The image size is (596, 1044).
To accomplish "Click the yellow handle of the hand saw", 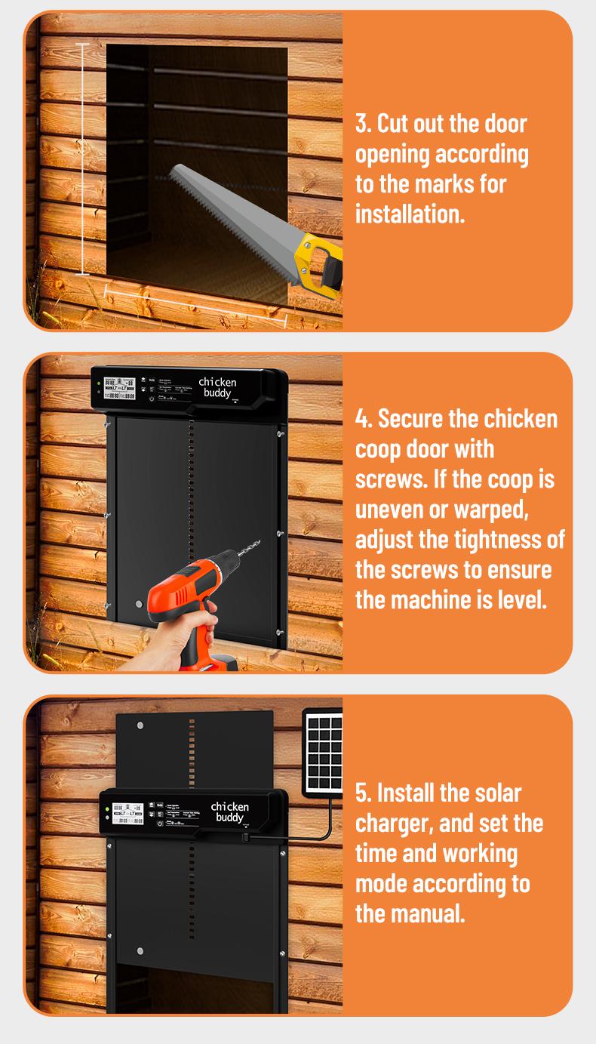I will point(321,261).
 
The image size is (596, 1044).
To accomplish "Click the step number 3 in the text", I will point(361,124).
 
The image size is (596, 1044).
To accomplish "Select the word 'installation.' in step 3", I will point(410,214).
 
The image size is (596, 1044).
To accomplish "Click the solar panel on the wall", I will point(323,752).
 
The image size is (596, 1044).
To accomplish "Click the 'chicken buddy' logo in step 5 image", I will point(229,812).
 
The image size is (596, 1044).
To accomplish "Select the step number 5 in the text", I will point(362,793).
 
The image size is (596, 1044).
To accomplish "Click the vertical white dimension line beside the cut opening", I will point(82,159).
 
